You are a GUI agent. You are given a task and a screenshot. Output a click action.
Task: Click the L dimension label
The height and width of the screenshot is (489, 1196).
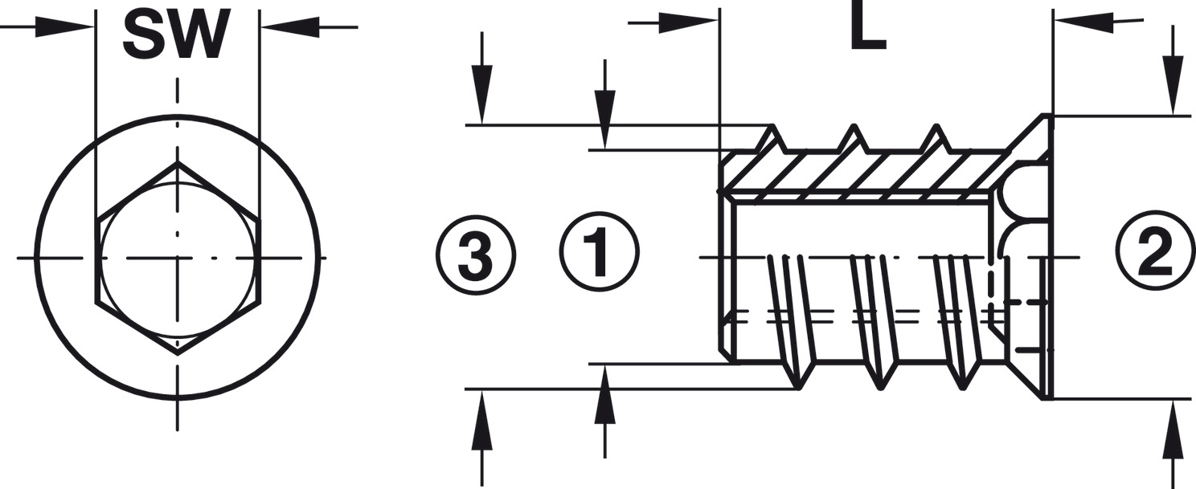pos(868,31)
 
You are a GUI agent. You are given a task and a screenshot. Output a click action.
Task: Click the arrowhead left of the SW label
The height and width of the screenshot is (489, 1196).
pos(76,27)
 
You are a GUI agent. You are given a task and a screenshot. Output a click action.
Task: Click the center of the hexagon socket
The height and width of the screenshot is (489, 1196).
pos(178,258)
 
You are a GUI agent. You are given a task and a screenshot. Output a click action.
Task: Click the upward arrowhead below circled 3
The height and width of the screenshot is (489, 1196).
pos(481,411)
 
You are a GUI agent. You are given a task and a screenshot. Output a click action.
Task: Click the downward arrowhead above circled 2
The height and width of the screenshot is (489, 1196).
pos(1174,94)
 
